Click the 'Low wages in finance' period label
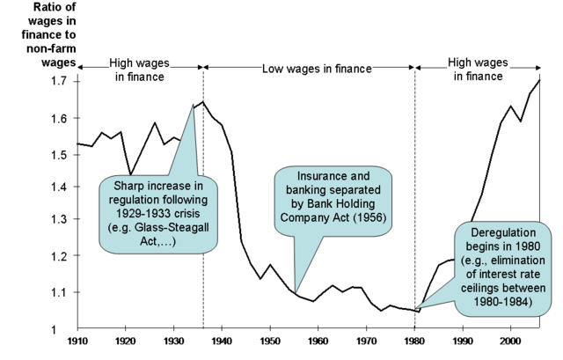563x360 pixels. [318, 68]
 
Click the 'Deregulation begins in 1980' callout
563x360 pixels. [505, 264]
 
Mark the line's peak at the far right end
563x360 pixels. [539, 80]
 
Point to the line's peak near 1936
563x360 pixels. [203, 102]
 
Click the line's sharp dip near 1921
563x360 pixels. [130, 175]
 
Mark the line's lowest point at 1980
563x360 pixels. [419, 312]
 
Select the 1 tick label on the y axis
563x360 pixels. [61, 328]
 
